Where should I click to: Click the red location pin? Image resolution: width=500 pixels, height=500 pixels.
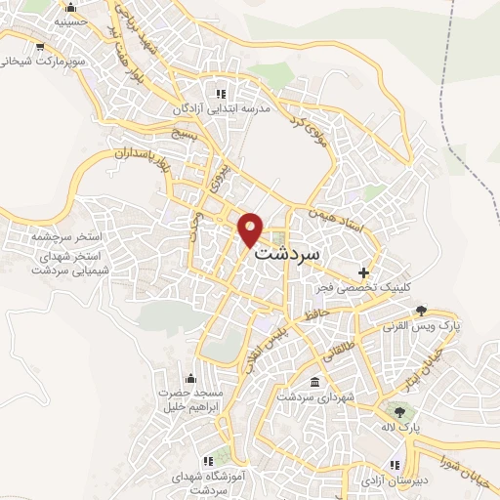(252, 229)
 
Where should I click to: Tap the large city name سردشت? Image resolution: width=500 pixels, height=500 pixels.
(289, 251)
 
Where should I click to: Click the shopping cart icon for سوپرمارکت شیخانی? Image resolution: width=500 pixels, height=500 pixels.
(38, 46)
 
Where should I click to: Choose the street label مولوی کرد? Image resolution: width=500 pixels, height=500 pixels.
(306, 125)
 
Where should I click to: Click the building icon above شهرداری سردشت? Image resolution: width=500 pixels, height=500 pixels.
(313, 382)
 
